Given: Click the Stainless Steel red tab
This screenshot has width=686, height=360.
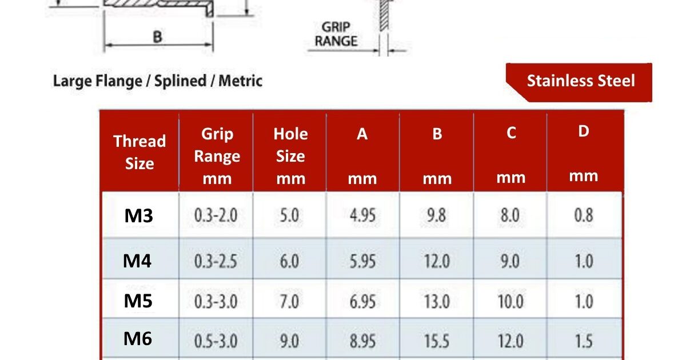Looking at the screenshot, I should pos(580,81).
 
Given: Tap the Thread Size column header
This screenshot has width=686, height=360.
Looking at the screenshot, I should pos(139,152).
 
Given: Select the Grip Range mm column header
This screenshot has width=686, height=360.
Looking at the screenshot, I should pos(217,156).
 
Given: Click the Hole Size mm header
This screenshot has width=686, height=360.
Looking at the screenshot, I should pos(290,156).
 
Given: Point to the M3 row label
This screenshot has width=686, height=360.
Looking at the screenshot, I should pos(139,216).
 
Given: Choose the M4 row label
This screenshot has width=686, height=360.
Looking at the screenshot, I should pos(138,261).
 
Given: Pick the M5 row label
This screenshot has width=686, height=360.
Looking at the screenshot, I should pos(138,301).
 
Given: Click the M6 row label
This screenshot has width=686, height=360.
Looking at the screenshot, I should pos(138,339).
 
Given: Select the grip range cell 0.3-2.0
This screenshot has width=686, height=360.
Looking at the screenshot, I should pos(216,216).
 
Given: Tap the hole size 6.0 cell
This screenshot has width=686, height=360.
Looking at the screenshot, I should pos(289,262).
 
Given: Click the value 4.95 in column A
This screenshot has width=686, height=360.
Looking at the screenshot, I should pos(362,216).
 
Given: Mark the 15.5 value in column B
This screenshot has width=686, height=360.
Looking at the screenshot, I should pos(436,341).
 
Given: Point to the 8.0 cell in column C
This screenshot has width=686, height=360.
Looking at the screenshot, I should pos(510,216).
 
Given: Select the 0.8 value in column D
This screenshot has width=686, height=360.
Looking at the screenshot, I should pos(583,216).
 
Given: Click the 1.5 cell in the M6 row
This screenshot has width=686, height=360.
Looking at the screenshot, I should pos(583,341).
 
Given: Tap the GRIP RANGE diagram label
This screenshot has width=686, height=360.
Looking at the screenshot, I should pos(340,34).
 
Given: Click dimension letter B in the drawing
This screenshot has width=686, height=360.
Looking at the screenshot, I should pos(157,37).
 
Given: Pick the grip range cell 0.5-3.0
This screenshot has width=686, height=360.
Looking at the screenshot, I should pos(216,341).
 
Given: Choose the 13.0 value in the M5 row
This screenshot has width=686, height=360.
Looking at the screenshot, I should pos(436,301).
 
